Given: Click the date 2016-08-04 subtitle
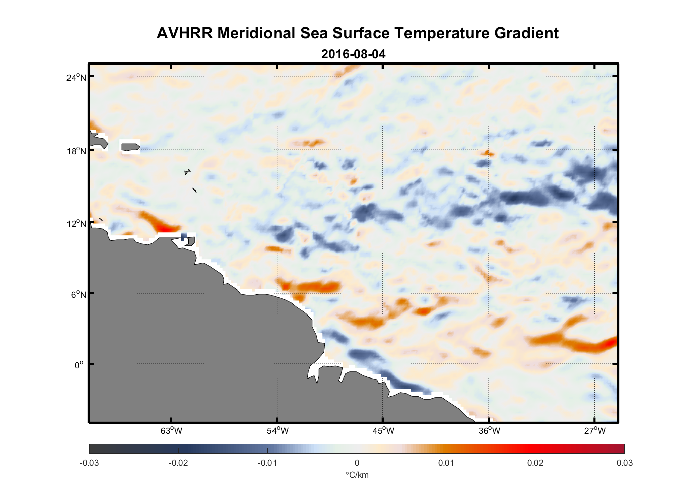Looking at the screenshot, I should click(353, 54).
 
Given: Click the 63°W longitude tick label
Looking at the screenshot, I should click(171, 431).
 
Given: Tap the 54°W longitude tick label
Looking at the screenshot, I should click(278, 431).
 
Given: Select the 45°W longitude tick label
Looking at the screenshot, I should click(383, 431).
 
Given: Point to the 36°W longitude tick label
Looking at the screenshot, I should click(489, 431).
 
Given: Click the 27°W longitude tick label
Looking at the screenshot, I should click(595, 431).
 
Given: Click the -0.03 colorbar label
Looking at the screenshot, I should click(89, 463).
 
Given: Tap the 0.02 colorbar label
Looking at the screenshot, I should click(535, 463).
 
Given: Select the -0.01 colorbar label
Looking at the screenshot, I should click(267, 463).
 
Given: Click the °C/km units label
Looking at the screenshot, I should click(357, 475).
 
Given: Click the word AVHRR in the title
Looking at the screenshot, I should click(184, 33).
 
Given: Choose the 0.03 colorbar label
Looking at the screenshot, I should click(624, 463).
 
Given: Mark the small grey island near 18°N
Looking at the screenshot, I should click(130, 147).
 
